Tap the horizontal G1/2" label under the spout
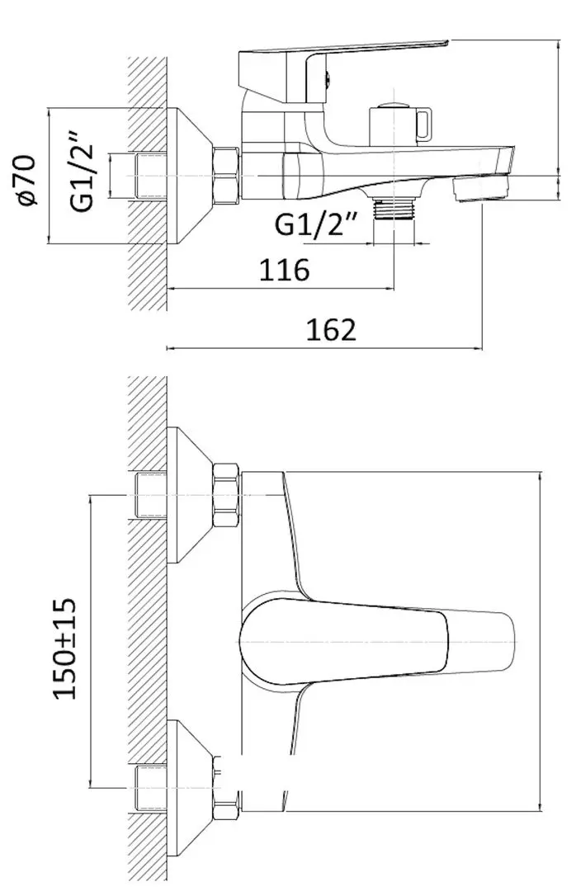click(x=316, y=224)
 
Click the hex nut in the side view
click(x=225, y=177)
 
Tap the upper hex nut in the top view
click(x=225, y=498)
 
